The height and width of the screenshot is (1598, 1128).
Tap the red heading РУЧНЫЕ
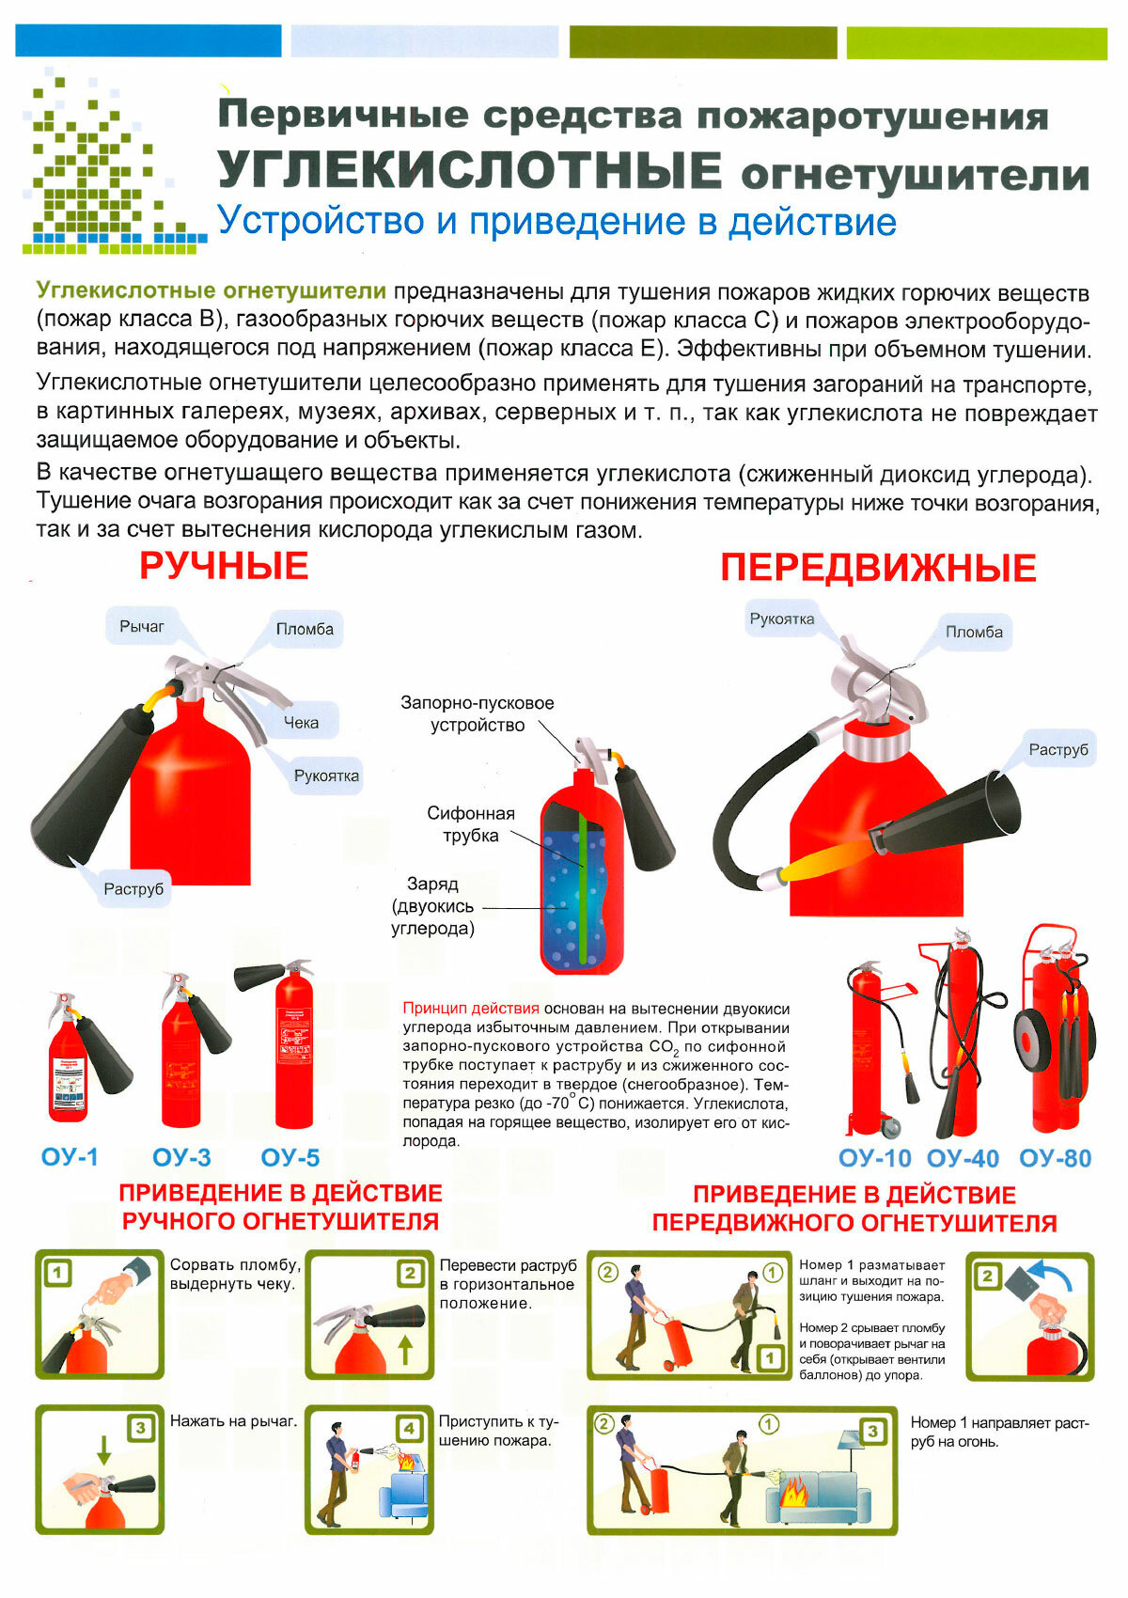click(224, 566)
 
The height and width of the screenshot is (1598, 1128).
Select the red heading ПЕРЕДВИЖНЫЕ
click(878, 568)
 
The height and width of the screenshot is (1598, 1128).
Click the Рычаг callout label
click(142, 626)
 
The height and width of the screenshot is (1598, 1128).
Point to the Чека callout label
click(301, 722)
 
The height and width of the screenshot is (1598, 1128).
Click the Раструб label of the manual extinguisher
click(133, 888)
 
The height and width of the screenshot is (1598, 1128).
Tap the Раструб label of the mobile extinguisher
click(1057, 749)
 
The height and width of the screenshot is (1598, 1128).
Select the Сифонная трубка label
click(470, 824)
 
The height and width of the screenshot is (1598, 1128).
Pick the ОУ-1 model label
click(70, 1157)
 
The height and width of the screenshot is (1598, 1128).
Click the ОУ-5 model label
click(290, 1157)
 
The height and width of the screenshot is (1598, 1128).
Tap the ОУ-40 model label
click(963, 1159)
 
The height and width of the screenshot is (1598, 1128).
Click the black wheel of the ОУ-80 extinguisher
click(1032, 1041)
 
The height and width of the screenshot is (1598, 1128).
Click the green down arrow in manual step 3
click(104, 1449)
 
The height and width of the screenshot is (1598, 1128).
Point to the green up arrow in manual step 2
click(405, 1350)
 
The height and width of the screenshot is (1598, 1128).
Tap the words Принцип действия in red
click(470, 1009)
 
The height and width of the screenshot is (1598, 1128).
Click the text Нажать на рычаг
click(232, 1421)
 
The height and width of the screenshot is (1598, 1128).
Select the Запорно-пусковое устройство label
click(477, 713)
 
